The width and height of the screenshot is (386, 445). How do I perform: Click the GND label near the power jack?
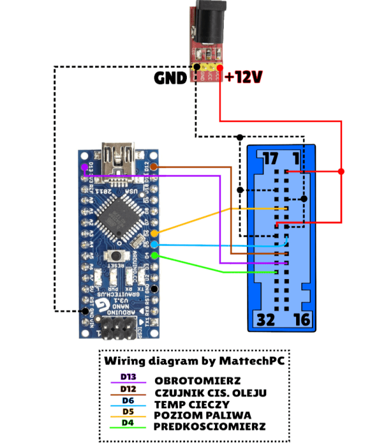click(170, 78)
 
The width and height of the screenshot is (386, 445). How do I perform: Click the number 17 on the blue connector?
click(270, 158)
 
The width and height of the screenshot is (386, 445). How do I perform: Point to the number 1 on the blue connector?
click(297, 158)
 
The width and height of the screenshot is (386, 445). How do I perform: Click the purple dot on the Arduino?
click(85, 167)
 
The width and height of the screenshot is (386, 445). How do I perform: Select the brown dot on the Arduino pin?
click(154, 167)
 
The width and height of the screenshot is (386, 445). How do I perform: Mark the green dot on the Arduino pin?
click(155, 255)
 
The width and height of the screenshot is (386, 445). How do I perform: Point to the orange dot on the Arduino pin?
click(155, 234)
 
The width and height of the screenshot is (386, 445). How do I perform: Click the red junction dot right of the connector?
click(341, 171)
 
